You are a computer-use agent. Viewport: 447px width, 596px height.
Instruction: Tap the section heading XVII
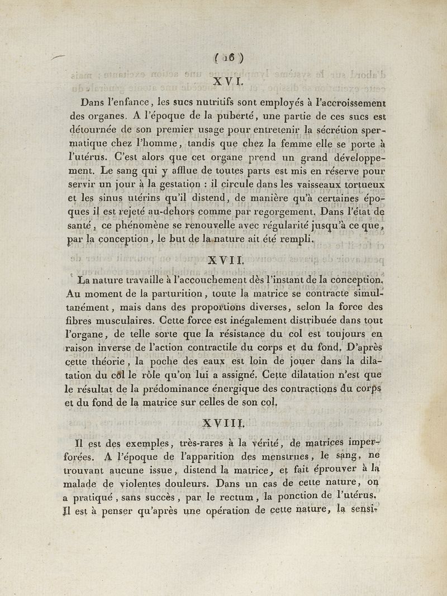click(x=226, y=260)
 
